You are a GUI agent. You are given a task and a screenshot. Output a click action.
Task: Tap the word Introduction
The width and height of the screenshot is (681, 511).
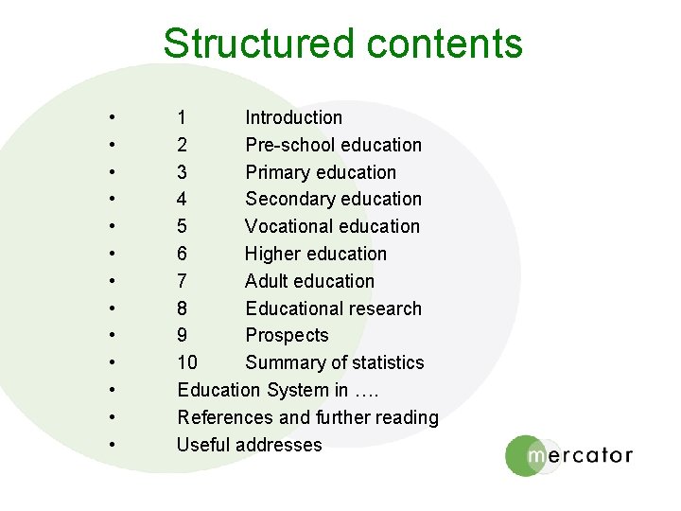pyautogui.click(x=293, y=117)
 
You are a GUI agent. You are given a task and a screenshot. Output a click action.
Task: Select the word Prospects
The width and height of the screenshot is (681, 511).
pyautogui.click(x=287, y=335)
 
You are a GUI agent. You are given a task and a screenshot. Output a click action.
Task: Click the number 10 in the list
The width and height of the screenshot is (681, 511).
pyautogui.click(x=187, y=362)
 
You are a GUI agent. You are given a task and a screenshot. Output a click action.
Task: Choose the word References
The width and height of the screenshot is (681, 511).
pyautogui.click(x=223, y=417)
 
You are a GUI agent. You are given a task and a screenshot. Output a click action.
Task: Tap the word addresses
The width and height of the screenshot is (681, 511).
pyautogui.click(x=280, y=445)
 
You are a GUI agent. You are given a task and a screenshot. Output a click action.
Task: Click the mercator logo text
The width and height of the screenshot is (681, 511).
pyautogui.click(x=579, y=455)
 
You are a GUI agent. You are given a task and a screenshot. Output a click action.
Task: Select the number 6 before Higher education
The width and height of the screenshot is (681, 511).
pyautogui.click(x=182, y=254)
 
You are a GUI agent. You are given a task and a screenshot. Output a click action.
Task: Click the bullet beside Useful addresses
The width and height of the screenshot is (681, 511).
pyautogui.click(x=112, y=445)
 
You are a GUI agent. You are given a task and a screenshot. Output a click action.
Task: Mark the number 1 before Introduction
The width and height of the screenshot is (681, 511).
pyautogui.click(x=182, y=117)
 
